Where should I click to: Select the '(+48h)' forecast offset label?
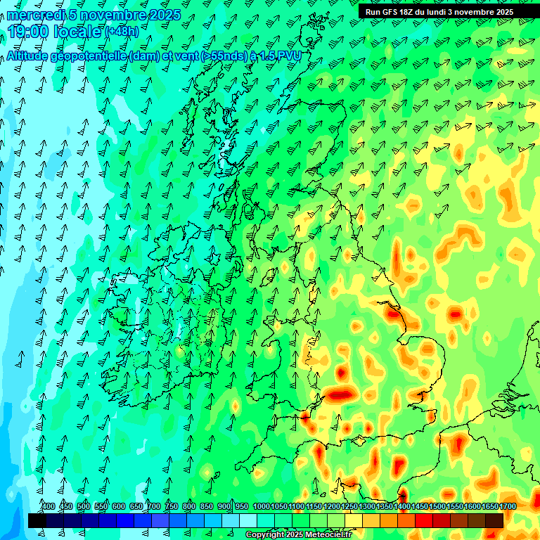coord(122,32)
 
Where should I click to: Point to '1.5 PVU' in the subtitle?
coord(281,57)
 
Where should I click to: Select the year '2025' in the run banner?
coord(501,12)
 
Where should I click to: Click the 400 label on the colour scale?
coord(49,506)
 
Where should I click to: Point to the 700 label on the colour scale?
coord(154,506)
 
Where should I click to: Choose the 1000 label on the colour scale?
coord(262,506)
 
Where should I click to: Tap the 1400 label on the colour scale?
coord(402,506)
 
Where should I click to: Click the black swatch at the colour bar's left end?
coord(37,520)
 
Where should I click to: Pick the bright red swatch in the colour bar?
coord(424,520)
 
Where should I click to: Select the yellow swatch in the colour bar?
coord(354,520)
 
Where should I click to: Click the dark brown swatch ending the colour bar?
coord(494,520)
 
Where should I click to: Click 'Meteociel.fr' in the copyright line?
coord(328,535)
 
